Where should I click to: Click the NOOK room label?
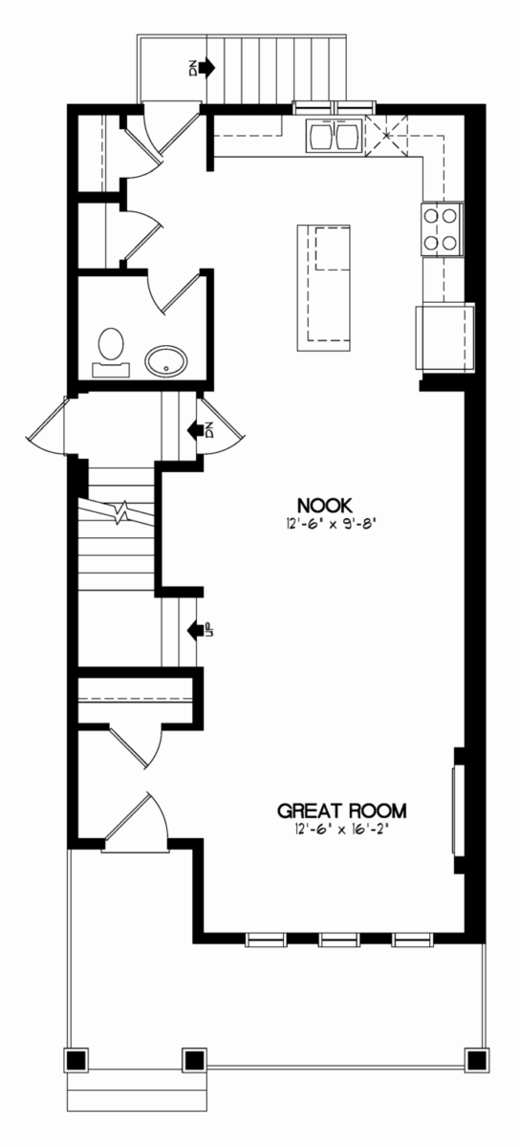pos(325,506)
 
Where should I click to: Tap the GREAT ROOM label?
pos(341,812)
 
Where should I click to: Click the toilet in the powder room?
pos(111,353)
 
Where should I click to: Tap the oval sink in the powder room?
pos(166,362)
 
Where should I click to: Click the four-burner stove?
pos(442,228)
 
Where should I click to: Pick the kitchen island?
pos(324,288)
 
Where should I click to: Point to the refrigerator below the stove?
pos(444,335)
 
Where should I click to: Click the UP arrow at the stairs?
pos(196,629)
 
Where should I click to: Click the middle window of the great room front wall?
pos(338,939)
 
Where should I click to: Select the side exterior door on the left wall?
pos(46,425)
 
